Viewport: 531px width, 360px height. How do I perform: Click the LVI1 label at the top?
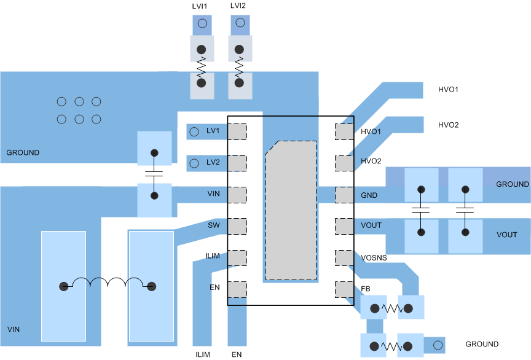[x=201, y=6]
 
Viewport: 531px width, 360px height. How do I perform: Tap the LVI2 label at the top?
[x=239, y=6]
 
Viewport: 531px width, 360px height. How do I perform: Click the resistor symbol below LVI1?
[x=201, y=66]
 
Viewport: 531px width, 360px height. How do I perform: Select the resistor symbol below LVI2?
[x=239, y=66]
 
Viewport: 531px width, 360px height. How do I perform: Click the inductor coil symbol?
[x=108, y=284]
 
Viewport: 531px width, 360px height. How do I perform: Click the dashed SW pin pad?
[x=237, y=225]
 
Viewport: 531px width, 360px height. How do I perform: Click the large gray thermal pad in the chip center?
[x=291, y=209]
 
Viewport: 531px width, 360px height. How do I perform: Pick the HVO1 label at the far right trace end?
[x=448, y=90]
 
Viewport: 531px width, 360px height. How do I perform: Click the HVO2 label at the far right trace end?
[x=448, y=125]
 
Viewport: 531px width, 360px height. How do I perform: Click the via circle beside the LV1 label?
[x=194, y=131]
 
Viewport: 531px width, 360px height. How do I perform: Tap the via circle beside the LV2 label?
[x=194, y=163]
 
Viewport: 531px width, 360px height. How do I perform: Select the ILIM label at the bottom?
[x=203, y=354]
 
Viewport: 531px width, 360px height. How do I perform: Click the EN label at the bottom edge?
[x=237, y=354]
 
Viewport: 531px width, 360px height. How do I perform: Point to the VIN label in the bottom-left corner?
[x=14, y=329]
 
